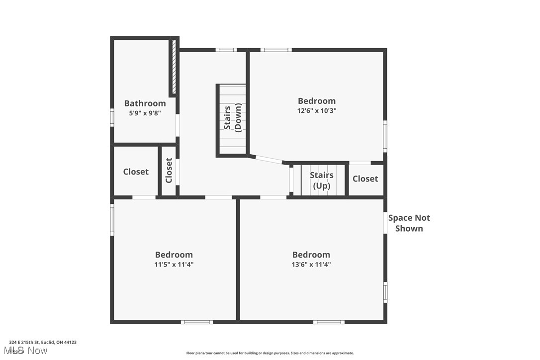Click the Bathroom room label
pyautogui.click(x=145, y=103)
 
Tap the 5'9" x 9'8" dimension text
pyautogui.click(x=145, y=113)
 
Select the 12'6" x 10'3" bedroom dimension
pyautogui.click(x=317, y=111)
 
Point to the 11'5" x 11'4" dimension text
pyautogui.click(x=174, y=265)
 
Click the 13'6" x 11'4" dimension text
pyautogui.click(x=311, y=265)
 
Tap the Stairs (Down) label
pyautogui.click(x=233, y=118)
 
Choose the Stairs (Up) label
pyautogui.click(x=322, y=180)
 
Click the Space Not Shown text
pyautogui.click(x=409, y=223)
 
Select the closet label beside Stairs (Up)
pyautogui.click(x=365, y=179)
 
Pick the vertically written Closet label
pyautogui.click(x=169, y=170)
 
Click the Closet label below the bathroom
pyautogui.click(x=136, y=172)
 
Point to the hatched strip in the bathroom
pyautogui.click(x=174, y=67)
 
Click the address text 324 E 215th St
pyautogui.click(x=43, y=342)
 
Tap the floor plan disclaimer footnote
pyautogui.click(x=270, y=353)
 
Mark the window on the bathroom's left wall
pyautogui.click(x=112, y=117)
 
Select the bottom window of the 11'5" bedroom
pyautogui.click(x=197, y=322)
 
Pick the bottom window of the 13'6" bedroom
pyautogui.click(x=329, y=322)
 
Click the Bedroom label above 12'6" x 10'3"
pyautogui.click(x=317, y=101)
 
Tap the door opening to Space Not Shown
pyautogui.click(x=385, y=223)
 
